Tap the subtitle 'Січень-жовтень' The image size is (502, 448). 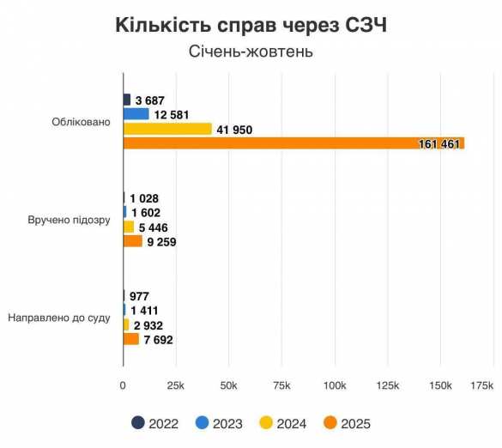coord(251,51)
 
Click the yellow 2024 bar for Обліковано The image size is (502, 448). coord(167,129)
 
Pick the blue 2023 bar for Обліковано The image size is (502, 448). coord(136,114)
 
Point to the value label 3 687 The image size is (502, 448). coord(150,100)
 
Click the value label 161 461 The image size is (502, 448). coord(440,143)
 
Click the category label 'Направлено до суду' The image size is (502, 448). coord(59,318)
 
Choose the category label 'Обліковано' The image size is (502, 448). coord(82,122)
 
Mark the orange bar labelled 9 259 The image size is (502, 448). coord(133,241)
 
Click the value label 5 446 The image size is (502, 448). coord(153,227)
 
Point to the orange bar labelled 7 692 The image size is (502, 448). coord(131,339)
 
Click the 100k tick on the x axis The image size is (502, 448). coord(335,383)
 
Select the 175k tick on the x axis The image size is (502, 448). coord(481,383)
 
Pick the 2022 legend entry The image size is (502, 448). coord(156,423)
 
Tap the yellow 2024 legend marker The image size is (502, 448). coord(266,423)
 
